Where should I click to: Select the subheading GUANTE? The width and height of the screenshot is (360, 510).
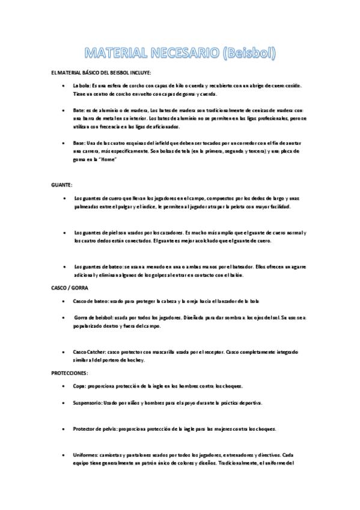pyautogui.click(x=63, y=184)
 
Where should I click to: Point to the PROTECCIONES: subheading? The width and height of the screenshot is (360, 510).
pyautogui.click(x=70, y=373)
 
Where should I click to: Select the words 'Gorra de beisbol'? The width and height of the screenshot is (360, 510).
pyautogui.click(x=94, y=317)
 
